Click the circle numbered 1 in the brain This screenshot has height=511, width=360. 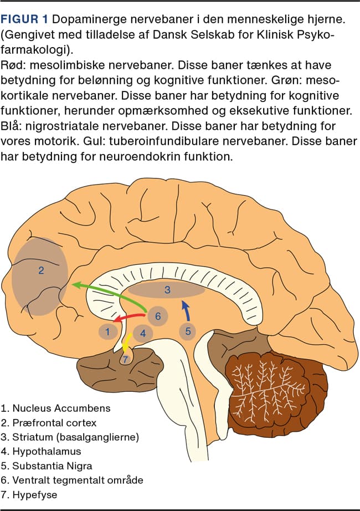click(x=107, y=331)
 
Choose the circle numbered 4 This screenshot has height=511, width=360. click(x=143, y=333)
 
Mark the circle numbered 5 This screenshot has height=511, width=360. click(x=188, y=331)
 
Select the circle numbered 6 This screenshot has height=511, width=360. click(x=157, y=316)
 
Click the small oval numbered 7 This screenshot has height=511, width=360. click(x=126, y=359)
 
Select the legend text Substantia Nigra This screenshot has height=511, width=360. click(x=53, y=466)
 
